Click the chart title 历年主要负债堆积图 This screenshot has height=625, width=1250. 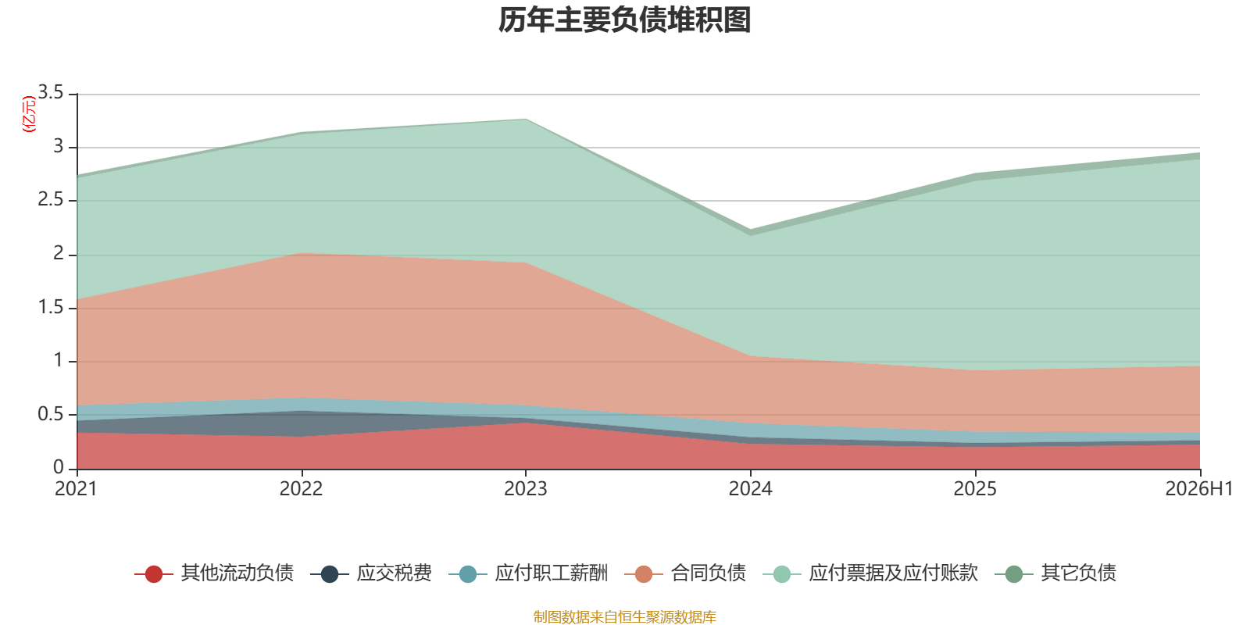click(x=624, y=20)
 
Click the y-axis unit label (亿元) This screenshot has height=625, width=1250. click(x=28, y=114)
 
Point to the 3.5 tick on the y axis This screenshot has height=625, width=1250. click(x=51, y=91)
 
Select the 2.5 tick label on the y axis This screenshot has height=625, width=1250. click(x=51, y=199)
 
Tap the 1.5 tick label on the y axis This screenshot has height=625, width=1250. click(x=51, y=307)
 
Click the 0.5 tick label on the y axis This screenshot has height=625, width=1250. click(x=51, y=414)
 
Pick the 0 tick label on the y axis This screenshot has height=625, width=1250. click(x=59, y=467)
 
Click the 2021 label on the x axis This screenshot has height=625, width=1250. click(x=76, y=489)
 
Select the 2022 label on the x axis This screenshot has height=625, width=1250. click(x=302, y=489)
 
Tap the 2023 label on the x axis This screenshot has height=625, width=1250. click(x=526, y=489)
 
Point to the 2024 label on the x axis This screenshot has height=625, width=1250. click(x=751, y=489)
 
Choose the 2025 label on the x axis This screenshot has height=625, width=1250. click(x=975, y=489)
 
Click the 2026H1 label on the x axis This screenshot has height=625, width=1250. click(x=1199, y=489)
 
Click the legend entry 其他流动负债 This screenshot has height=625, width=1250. click(x=214, y=573)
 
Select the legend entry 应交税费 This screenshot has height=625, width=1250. click(x=371, y=573)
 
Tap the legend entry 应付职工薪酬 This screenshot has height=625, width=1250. click(x=528, y=573)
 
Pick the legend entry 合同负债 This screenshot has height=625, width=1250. click(x=685, y=573)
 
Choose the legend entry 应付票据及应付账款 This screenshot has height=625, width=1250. click(x=870, y=573)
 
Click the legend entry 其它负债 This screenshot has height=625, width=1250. click(x=1055, y=573)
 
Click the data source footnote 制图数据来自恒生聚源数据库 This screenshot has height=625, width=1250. click(x=624, y=616)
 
